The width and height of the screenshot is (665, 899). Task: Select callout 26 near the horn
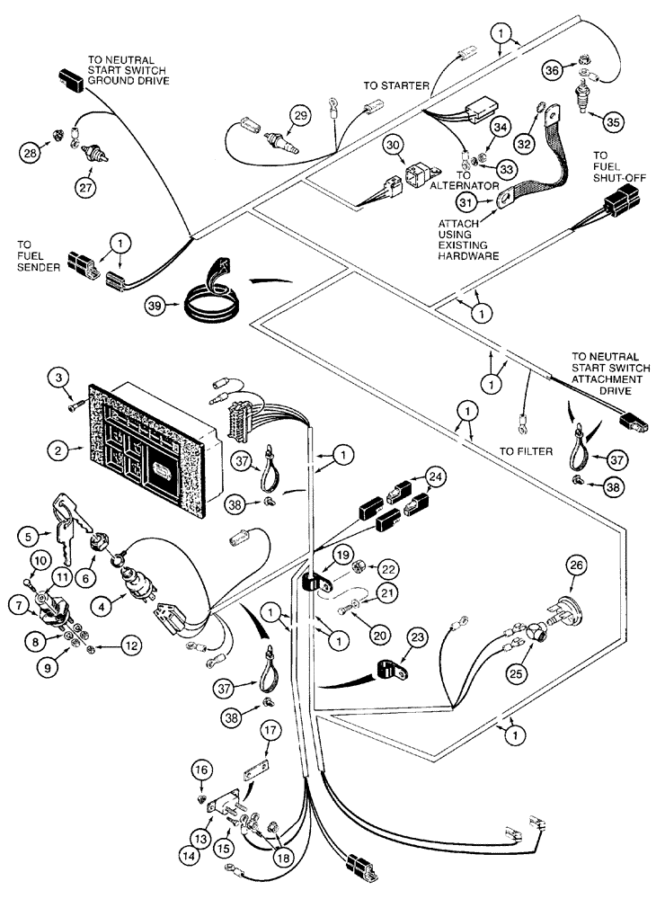click(x=576, y=566)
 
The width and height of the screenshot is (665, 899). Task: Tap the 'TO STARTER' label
click(x=395, y=86)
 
